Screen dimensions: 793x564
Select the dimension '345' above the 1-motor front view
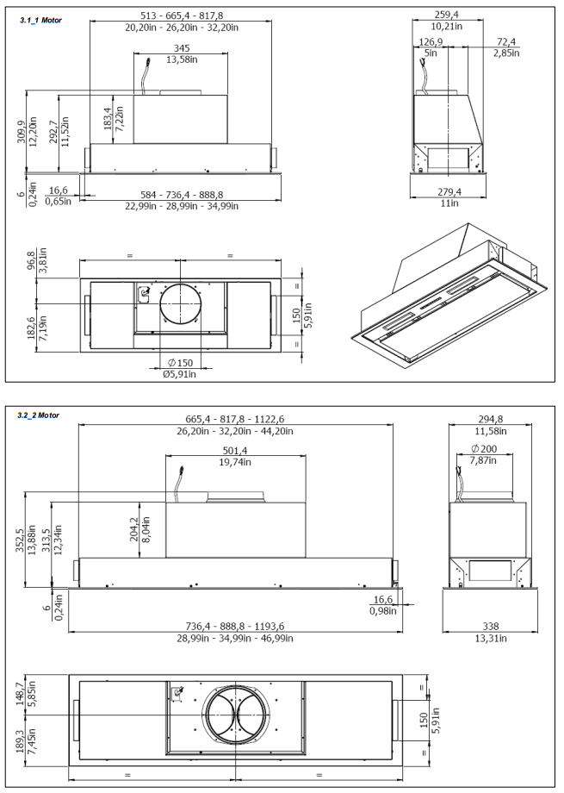click(x=181, y=47)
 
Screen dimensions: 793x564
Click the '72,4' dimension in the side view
click(x=505, y=41)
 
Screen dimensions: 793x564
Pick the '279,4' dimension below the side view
click(x=444, y=190)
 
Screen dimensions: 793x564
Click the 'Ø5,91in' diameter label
click(x=181, y=373)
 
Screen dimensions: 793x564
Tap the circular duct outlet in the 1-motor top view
click(x=181, y=303)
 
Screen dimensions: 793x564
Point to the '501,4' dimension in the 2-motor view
click(x=235, y=451)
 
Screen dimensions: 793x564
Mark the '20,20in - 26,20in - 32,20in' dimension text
click(x=180, y=26)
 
